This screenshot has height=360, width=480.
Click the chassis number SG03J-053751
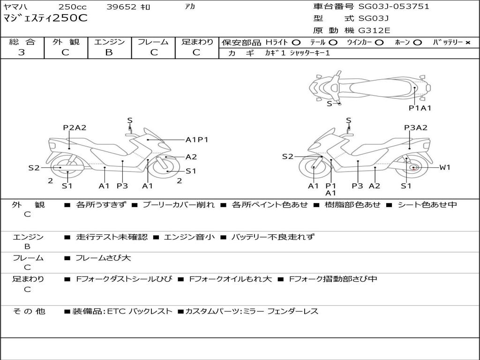click(x=394, y=7)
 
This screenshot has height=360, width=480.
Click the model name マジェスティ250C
click(x=45, y=19)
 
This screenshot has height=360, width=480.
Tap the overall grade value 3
click(x=22, y=52)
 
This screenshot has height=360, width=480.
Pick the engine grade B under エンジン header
click(x=109, y=52)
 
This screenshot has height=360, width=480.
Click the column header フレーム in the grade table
click(x=153, y=42)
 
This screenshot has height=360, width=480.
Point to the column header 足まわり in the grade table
click(x=197, y=42)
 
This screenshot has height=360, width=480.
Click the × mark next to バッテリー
click(x=467, y=43)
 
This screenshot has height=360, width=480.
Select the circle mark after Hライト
click(x=296, y=43)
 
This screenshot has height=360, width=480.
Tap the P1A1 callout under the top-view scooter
click(x=420, y=108)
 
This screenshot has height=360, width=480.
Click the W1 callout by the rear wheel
click(x=444, y=167)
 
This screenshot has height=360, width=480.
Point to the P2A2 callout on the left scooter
click(x=75, y=127)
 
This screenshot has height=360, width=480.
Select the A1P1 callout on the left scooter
click(x=197, y=139)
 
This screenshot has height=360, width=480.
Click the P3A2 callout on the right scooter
click(x=416, y=127)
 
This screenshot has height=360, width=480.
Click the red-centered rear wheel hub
click(x=413, y=168)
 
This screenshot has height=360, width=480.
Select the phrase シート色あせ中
click(x=426, y=204)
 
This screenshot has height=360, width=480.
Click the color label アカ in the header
click(x=190, y=7)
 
